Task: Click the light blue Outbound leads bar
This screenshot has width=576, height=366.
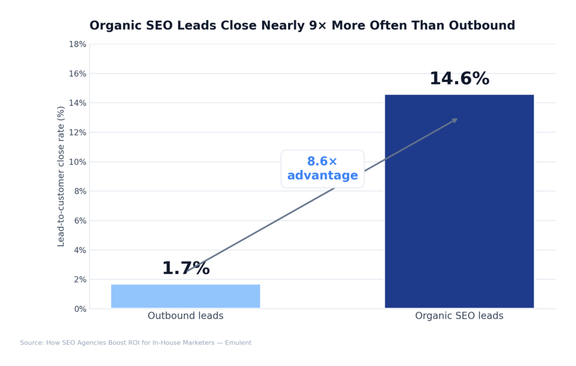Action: tap(186, 296)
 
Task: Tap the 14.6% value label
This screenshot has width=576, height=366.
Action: tap(459, 79)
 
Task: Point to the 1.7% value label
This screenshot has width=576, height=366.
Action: tap(186, 269)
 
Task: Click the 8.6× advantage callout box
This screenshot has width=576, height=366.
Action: tap(322, 169)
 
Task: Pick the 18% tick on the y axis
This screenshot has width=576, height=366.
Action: tap(78, 44)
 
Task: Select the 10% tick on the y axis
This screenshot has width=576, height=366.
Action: tap(78, 162)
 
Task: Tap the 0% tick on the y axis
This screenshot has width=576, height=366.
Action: tap(80, 309)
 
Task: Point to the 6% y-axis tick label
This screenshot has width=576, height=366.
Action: tap(80, 220)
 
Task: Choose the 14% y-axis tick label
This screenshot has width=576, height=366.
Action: tap(78, 103)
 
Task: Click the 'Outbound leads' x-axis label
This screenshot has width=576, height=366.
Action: tap(186, 316)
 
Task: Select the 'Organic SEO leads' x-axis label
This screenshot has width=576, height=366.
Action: tap(459, 316)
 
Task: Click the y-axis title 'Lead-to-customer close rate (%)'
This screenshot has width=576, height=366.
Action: tap(61, 176)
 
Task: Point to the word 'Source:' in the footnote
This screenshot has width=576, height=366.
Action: tap(31, 343)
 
